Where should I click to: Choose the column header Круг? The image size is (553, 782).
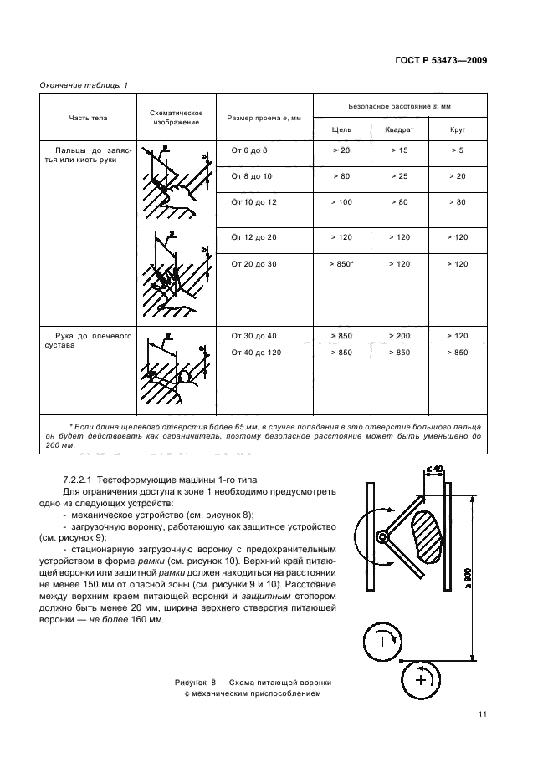457,130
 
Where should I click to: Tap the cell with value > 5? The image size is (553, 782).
457,150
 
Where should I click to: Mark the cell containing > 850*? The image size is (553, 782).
341,264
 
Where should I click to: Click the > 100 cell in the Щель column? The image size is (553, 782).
341,202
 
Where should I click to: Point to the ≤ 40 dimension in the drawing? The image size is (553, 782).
433,470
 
